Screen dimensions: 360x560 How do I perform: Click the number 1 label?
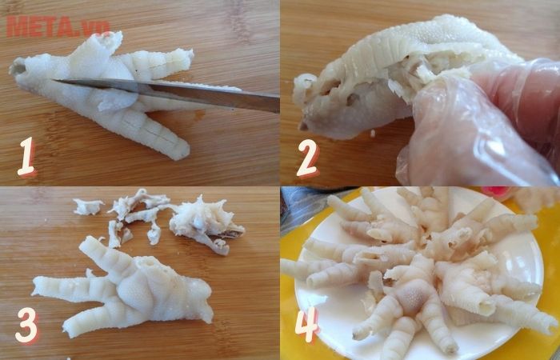point(26,158)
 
